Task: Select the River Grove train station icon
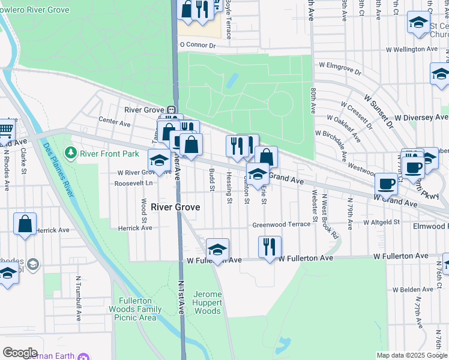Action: coord(172,110)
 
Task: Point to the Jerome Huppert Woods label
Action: coord(208,302)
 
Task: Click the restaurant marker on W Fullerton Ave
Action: coord(270,245)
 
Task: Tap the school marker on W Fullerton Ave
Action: coord(217,249)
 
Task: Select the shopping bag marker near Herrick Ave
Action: coord(25,223)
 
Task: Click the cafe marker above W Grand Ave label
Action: coord(386,183)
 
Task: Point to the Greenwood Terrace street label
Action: coord(281,224)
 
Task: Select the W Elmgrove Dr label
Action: coord(340,68)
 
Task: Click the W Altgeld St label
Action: coord(382,222)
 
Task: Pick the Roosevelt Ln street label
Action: coord(134,183)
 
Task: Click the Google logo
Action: coord(19,353)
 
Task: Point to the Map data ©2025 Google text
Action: coord(411,355)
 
